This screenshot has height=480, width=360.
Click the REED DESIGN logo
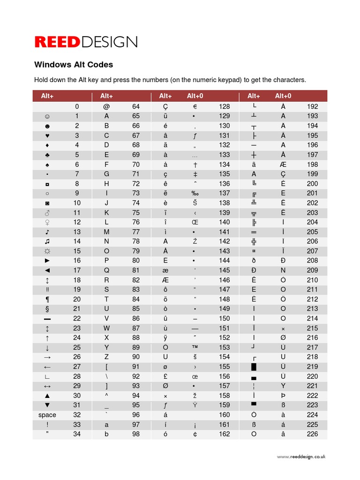coord(86,42)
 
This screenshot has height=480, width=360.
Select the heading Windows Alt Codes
coord(74,65)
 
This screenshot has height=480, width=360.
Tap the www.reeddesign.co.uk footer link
coord(301,457)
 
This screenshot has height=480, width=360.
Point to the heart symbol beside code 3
coord(47,135)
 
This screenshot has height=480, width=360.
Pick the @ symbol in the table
coord(106,106)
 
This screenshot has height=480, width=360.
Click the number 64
coord(136,106)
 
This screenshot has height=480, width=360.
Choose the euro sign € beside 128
coord(195,106)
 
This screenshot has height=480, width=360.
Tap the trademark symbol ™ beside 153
coord(195,347)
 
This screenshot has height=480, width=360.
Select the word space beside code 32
coord(47,415)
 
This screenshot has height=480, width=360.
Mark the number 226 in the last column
coord(312,434)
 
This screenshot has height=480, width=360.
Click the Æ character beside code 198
coord(283,165)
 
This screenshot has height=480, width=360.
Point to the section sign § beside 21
coord(47,309)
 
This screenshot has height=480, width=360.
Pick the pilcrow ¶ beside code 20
coord(47,300)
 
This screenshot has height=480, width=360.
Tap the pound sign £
coord(165,376)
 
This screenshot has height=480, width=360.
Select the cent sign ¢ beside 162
coord(195,434)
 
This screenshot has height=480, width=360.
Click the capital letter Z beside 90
coord(106,357)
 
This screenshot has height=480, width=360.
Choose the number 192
coord(312,106)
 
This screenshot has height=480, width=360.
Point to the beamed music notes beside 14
coord(47,241)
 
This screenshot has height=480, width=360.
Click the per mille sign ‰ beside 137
coord(195,193)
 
